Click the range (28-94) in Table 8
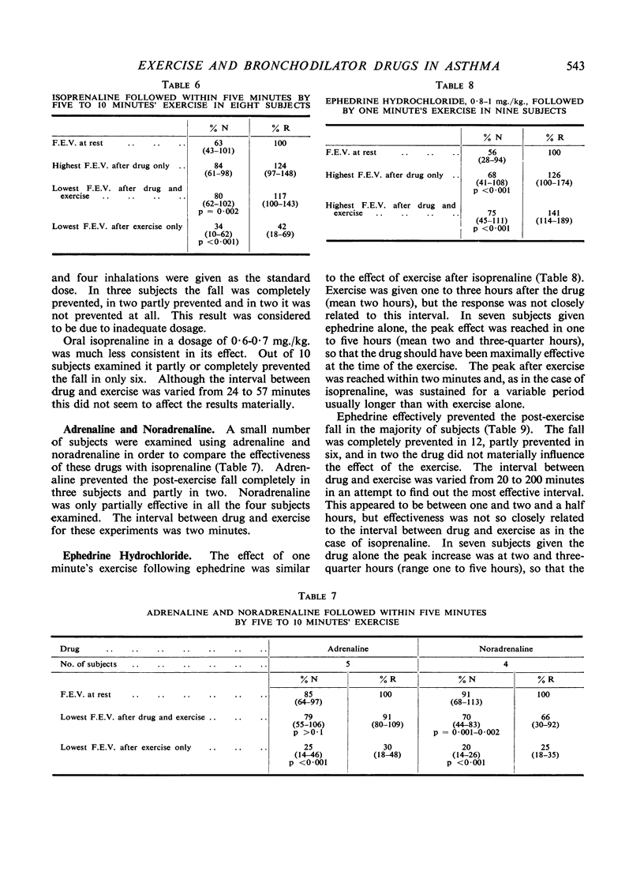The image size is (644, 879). coord(492,160)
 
